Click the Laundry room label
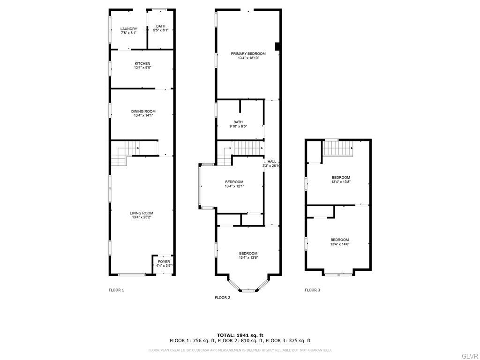[128, 29]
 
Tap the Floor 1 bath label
[161, 26]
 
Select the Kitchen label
[142, 64]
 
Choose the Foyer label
[164, 262]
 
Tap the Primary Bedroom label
[248, 54]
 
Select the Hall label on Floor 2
[271, 162]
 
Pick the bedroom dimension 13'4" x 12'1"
[234, 186]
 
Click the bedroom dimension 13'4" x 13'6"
[248, 257]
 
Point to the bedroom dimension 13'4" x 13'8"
[341, 181]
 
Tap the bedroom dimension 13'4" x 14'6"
[340, 244]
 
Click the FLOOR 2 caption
[223, 298]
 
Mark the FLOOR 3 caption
[313, 290]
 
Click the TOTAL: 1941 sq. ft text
[240, 335]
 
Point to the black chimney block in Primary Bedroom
[277, 46]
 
